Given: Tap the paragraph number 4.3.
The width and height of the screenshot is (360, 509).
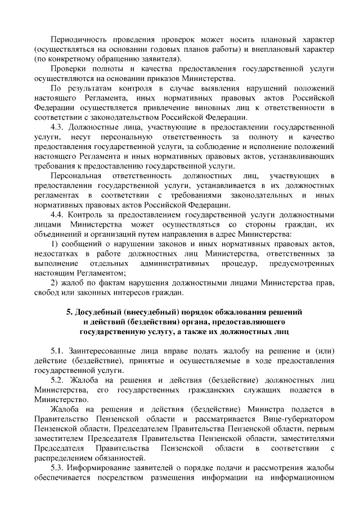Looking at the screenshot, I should click(58, 127).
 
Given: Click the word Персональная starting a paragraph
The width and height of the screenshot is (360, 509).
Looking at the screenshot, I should click(76, 176).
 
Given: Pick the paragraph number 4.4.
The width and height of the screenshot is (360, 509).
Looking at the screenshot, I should click(58, 215).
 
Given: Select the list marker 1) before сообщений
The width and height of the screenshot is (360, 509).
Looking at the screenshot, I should click(55, 244).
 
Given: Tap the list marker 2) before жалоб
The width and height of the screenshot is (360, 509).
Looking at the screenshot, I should click(55, 282).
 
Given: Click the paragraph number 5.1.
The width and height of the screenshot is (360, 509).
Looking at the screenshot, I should click(58, 351).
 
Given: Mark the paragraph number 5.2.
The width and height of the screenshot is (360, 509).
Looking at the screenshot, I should click(58, 380).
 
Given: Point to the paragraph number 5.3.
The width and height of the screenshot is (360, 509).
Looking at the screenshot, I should click(58, 467).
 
